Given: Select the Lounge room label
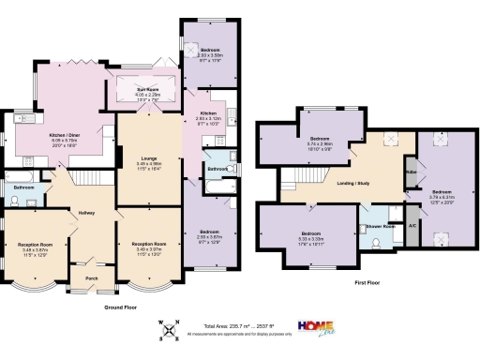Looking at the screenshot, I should click(149, 156).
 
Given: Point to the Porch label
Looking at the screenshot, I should click(92, 277).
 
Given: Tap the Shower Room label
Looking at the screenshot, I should click(378, 226).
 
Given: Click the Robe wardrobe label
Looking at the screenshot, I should click(410, 172).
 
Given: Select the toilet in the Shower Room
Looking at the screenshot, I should click(376, 242).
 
